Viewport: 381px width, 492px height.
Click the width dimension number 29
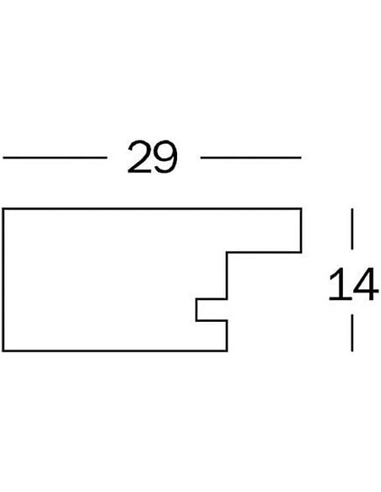153,157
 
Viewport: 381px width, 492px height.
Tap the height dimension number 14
352,284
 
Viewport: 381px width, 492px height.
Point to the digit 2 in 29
139,157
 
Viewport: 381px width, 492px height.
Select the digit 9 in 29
165,157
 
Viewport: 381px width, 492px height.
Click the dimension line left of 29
55,158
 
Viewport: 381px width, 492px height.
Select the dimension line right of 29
250,158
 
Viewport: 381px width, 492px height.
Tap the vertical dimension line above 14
352,229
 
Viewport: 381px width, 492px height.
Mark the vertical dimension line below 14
352,333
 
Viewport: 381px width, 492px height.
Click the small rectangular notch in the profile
212,310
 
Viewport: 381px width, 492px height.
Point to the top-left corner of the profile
3,208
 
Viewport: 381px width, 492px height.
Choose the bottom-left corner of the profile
3,350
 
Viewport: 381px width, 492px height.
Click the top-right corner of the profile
301,208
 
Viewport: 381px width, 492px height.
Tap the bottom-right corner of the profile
227,350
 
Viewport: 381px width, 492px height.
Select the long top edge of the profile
152,208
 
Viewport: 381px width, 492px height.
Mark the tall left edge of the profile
3,279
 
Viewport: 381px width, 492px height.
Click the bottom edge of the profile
115,350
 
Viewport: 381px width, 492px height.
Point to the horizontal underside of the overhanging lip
264,252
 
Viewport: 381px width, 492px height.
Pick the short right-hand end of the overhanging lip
301,230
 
